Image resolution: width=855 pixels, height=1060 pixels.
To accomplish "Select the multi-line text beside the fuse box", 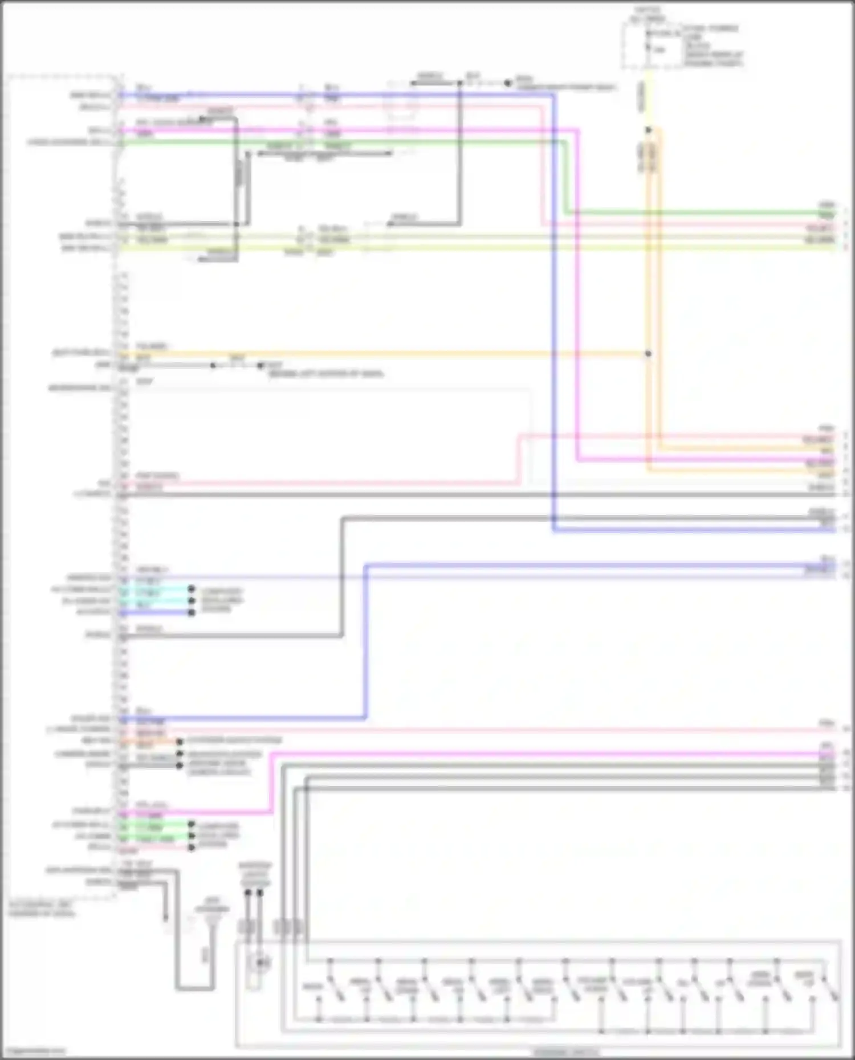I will point(712,46).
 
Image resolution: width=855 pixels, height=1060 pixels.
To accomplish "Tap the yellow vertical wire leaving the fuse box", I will point(648,97).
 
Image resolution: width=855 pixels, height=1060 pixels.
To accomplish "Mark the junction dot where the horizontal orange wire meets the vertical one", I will point(648,354).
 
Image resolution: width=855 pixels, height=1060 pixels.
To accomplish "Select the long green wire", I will point(342,142).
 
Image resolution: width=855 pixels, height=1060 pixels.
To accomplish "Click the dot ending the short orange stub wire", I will point(180,742).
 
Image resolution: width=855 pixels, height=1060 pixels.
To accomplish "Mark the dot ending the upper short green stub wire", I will point(192,825).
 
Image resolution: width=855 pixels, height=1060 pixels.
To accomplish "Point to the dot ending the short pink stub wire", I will point(192,848).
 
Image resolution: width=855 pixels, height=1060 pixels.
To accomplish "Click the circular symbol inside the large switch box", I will point(261,963).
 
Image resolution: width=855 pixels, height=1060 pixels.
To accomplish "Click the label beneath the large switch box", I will point(565,1051).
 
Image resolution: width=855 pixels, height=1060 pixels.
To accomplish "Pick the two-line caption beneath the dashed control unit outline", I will point(41,909).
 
